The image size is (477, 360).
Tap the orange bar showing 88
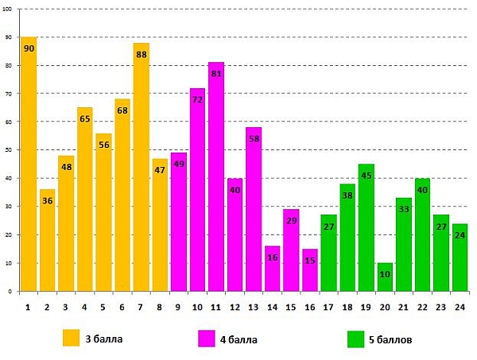coord(142,167)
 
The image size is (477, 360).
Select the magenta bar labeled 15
coord(310,270)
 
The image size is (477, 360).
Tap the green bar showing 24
coord(460,257)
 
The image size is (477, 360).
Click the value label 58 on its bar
coord(254,139)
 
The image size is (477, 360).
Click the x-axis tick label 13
coord(254,306)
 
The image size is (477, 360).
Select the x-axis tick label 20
coord(386,306)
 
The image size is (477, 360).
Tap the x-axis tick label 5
coord(104,306)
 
